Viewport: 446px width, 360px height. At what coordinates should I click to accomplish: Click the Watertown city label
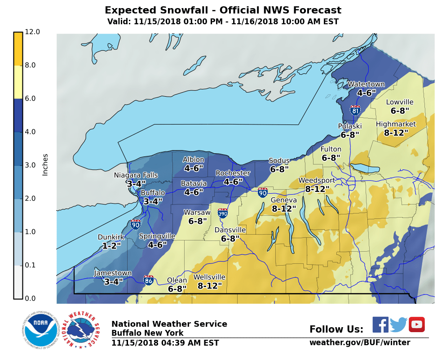366,84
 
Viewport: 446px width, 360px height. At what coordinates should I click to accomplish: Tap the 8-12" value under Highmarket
396,133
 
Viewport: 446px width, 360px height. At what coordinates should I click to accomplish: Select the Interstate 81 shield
355,110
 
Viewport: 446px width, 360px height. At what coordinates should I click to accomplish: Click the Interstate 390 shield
222,213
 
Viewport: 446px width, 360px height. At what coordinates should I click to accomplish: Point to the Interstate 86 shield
149,280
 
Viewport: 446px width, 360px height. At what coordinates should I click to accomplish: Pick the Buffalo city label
153,193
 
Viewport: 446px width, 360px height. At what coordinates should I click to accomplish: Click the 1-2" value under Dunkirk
111,246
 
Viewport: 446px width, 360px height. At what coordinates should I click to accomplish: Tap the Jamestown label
113,273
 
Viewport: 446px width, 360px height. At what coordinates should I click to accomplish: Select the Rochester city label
233,173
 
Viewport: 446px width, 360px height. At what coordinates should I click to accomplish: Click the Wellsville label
209,277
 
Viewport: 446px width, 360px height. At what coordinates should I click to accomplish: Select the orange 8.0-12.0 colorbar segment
18,49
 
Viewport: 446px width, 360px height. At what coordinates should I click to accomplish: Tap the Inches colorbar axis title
45,164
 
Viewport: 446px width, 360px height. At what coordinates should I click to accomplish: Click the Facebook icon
380,324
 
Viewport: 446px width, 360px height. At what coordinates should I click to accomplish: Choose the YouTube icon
416,324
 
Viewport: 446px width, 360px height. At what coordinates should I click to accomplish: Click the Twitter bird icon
398,324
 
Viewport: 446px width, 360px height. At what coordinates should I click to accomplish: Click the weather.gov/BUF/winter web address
359,343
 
